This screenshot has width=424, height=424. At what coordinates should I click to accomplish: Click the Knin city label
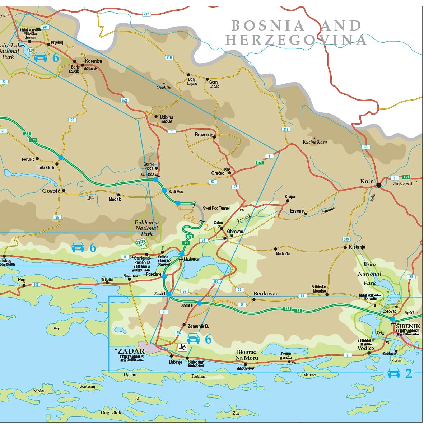coord(367,181)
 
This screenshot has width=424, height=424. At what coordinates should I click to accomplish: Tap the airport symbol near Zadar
coord(182,347)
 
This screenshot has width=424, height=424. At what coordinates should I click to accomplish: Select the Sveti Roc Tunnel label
coord(216,208)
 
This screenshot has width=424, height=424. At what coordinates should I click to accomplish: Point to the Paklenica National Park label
coord(146,228)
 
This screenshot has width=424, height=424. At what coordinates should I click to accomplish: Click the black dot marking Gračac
coord(230,173)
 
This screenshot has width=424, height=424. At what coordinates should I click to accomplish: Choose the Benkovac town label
coord(266,294)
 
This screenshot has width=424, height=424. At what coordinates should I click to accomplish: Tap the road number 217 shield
coord(146,14)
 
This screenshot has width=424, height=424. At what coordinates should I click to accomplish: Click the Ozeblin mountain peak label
coord(164,87)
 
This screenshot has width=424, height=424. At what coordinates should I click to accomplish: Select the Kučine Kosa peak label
coord(314,142)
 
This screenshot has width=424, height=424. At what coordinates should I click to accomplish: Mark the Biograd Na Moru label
coord(247,355)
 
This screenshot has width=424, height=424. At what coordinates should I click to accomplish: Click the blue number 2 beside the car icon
coord(409,374)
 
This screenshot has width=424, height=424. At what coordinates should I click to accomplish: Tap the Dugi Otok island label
coord(111,412)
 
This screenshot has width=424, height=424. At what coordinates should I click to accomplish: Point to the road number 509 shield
coord(346,239)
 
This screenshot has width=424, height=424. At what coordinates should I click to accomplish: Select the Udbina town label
coord(166,117)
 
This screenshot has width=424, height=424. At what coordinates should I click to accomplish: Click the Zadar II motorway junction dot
coord(200,303)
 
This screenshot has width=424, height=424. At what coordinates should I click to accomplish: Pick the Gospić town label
coord(51,191)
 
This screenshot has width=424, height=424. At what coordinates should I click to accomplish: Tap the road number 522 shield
coord(125,100)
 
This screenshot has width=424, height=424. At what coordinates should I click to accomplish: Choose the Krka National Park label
coord(369,274)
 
